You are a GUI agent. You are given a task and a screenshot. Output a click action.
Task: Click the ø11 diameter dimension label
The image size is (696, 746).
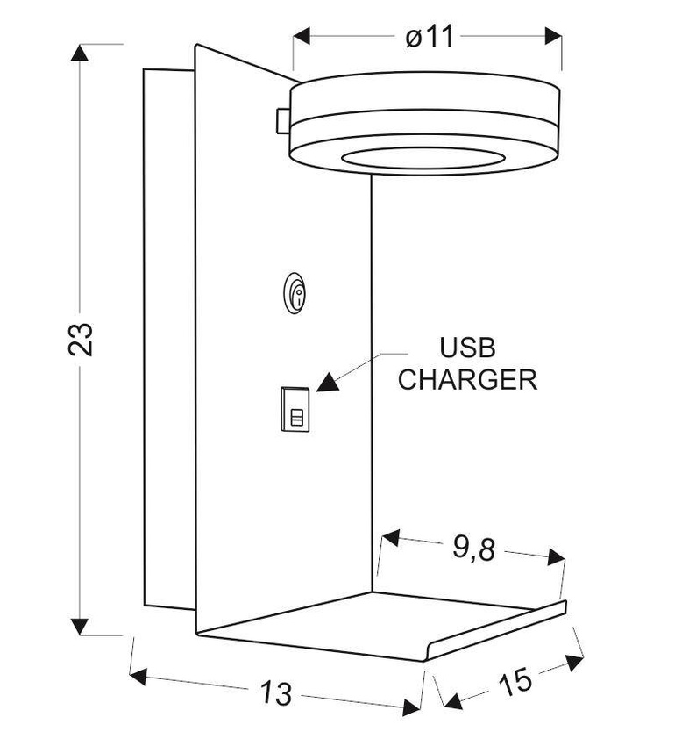pyautogui.click(x=430, y=37)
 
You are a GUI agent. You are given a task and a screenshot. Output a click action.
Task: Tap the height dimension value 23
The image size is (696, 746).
pyautogui.click(x=81, y=339)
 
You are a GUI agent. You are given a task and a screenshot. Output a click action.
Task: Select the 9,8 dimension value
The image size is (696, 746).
pyautogui.click(x=473, y=549)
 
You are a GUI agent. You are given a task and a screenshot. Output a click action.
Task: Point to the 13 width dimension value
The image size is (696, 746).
pyautogui.click(x=276, y=692)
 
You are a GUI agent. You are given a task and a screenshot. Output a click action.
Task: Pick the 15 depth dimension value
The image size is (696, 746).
pyautogui.click(x=515, y=681)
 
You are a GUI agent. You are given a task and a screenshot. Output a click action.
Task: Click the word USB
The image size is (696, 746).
pyautogui.click(x=467, y=348)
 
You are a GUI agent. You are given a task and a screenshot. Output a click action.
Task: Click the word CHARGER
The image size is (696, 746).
pyautogui.click(x=467, y=379)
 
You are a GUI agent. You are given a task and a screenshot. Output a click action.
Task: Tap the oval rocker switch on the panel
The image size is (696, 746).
pyautogui.click(x=295, y=292)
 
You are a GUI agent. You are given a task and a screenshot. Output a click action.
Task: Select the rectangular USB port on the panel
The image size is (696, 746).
pyautogui.click(x=295, y=409)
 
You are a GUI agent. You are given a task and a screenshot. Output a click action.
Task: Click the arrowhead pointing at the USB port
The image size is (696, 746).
pyautogui.click(x=328, y=382)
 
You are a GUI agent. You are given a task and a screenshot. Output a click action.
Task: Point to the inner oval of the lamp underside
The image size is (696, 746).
pyautogui.click(x=423, y=158)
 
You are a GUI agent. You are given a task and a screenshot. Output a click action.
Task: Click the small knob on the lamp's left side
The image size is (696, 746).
pyautogui.click(x=282, y=121)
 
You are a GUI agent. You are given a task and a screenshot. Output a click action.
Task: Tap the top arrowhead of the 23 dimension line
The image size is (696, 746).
pyautogui.click(x=80, y=53)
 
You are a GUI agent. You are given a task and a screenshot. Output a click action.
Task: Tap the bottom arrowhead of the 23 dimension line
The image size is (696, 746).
pyautogui.click(x=80, y=626)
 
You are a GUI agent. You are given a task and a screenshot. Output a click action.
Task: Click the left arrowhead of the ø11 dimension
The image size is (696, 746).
pyautogui.click(x=302, y=36)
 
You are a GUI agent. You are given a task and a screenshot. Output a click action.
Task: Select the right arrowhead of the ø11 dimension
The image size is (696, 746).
pyautogui.click(x=553, y=36)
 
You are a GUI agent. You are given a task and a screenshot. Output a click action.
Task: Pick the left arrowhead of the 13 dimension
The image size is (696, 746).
pyautogui.click(x=138, y=676)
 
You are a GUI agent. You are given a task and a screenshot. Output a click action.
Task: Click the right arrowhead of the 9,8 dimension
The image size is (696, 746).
pyautogui.click(x=556, y=557)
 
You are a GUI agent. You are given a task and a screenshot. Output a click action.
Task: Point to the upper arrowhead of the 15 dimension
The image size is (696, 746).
pyautogui.click(x=575, y=663)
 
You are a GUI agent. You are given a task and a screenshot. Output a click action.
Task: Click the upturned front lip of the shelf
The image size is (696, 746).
pyautogui.click(x=496, y=631)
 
